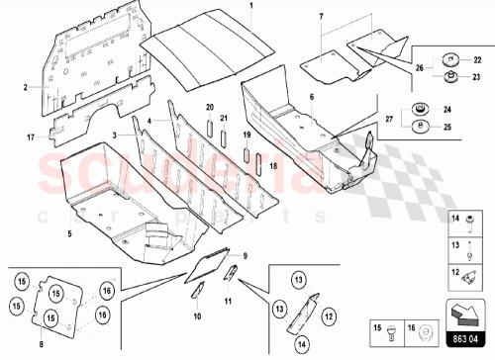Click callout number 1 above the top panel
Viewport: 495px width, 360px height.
click(250, 7)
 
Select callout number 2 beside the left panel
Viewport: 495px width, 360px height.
click(25, 87)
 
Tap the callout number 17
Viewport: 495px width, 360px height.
click(30, 135)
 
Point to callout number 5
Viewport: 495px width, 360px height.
click(70, 233)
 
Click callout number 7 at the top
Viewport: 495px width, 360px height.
click(321, 18)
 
